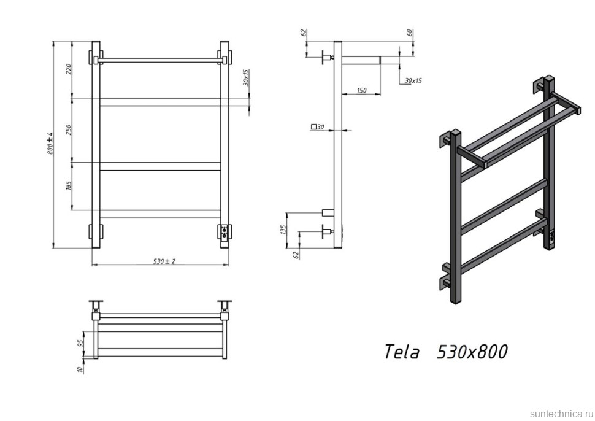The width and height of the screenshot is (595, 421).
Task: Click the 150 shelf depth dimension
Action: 361,91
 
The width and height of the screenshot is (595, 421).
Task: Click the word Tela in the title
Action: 402,352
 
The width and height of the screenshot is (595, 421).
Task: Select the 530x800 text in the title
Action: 472,352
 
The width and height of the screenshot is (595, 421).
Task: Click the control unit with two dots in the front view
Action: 225,233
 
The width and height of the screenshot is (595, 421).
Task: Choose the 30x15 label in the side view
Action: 413,80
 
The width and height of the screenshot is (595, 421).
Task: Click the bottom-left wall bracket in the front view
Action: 96,233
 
